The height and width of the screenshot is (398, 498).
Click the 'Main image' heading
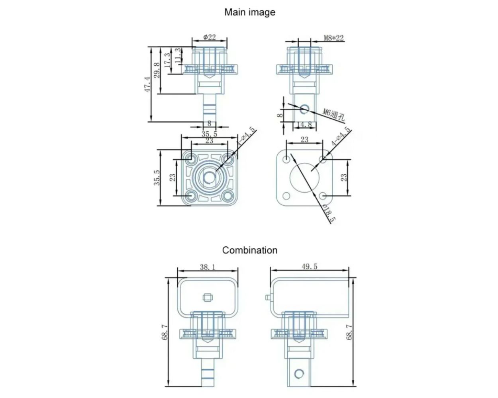point(250,12)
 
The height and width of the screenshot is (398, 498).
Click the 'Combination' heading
point(250,250)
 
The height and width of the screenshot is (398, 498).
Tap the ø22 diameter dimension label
point(210,37)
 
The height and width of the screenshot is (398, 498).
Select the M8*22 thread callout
point(333,38)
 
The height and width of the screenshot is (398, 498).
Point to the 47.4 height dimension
point(148,84)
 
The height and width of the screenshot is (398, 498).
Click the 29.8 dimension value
point(157,70)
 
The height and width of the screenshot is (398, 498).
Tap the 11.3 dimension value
point(178,55)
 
